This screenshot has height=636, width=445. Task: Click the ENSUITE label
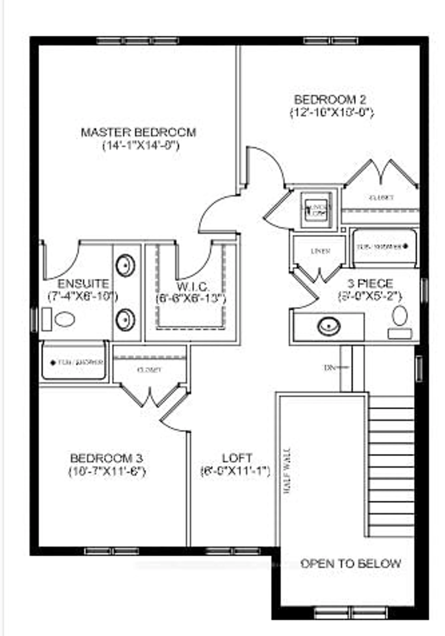(x=83, y=284)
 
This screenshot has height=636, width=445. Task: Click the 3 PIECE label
(x=370, y=283)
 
